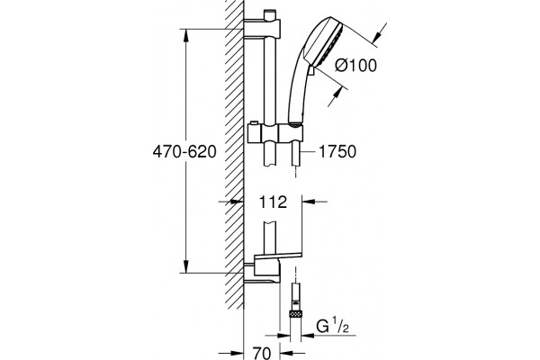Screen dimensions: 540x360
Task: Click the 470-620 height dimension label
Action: pos(184,151)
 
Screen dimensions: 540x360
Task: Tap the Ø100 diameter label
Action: pos(356,65)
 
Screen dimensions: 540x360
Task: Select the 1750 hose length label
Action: pos(337,151)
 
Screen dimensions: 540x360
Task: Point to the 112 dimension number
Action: pos(273,202)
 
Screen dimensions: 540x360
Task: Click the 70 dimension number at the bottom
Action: pos(262,353)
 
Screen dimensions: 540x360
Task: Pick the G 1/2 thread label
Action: pos(332,327)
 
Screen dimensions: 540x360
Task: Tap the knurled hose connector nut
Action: pos(295,314)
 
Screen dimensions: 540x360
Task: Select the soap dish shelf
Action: pos(278,256)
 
